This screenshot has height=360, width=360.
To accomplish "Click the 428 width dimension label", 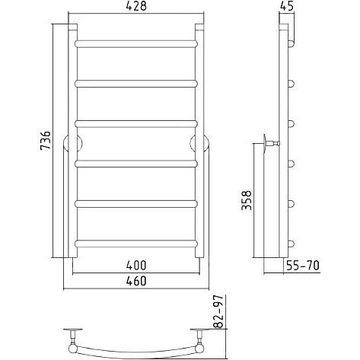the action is [136, 6].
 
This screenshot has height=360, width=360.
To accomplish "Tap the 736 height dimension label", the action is [46, 140].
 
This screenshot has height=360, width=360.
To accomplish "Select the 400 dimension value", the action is [136, 266].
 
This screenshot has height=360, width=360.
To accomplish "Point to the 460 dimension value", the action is [136, 281].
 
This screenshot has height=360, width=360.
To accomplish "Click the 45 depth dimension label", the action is [287, 6].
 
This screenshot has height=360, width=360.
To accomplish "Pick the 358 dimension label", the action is [247, 200].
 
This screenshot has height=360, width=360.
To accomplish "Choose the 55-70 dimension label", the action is [303, 266].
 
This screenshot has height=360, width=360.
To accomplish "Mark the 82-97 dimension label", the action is [218, 311].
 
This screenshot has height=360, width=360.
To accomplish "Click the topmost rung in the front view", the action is [136, 43].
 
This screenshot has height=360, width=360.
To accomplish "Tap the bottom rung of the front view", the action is [136, 244].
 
